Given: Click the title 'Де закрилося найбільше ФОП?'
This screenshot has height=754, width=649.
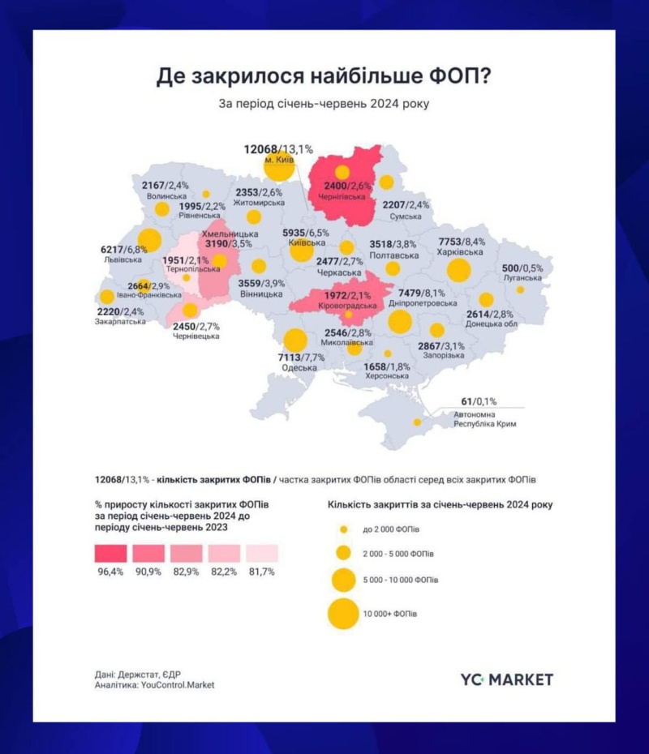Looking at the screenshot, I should [324, 77].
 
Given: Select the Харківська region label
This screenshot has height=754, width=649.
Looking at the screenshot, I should [462, 252].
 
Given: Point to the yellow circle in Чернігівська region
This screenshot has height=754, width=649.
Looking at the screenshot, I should [342, 172].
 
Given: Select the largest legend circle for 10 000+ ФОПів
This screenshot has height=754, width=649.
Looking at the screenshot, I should [343, 613].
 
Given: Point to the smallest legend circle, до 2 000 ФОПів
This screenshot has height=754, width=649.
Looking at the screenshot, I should [343, 529].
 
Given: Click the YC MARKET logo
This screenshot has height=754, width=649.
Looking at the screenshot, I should [506, 679].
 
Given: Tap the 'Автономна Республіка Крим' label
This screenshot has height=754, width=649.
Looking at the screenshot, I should [484, 419].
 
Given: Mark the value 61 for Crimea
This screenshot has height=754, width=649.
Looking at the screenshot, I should [466, 401].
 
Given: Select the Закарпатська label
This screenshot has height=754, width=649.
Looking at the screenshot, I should [120, 321].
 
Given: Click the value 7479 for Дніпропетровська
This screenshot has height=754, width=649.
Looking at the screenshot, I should [411, 293].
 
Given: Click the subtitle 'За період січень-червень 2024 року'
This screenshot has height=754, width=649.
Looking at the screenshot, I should [324, 105].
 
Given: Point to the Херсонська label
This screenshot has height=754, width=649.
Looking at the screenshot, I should [387, 376].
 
